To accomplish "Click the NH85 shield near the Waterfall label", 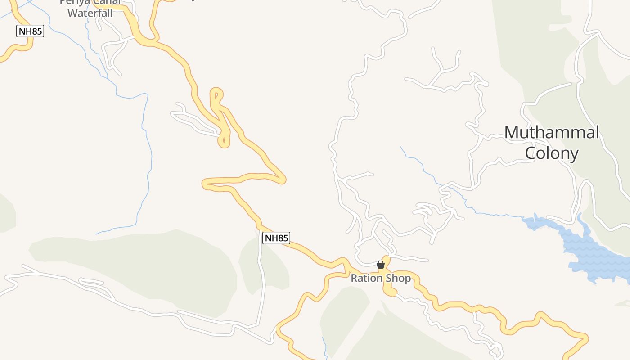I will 30,31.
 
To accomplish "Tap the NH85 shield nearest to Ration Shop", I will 276,238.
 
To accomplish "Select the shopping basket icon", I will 381,265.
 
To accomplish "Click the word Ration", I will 366,279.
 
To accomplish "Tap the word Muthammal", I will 551,133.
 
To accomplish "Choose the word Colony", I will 551,154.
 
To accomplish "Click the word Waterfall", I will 90,13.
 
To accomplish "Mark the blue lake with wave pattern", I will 594,256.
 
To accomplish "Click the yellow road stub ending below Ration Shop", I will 390,292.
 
